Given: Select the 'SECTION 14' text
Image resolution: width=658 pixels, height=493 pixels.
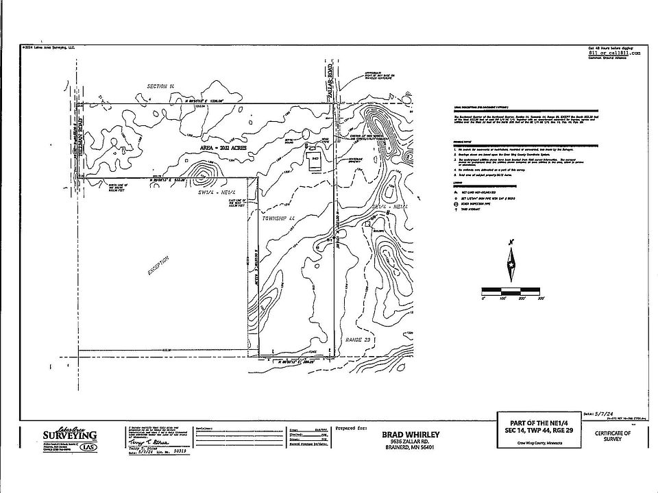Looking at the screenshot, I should (162, 86).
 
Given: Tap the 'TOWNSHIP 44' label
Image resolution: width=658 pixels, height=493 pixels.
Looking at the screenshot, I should (278, 218).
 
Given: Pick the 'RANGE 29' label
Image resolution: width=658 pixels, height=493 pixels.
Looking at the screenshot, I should (358, 339).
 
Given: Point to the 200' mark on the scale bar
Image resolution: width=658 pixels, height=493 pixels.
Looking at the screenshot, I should (522, 299).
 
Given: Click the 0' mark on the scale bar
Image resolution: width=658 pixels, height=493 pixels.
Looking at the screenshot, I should (484, 299).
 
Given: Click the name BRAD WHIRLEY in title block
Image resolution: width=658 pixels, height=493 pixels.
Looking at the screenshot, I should (411, 435).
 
